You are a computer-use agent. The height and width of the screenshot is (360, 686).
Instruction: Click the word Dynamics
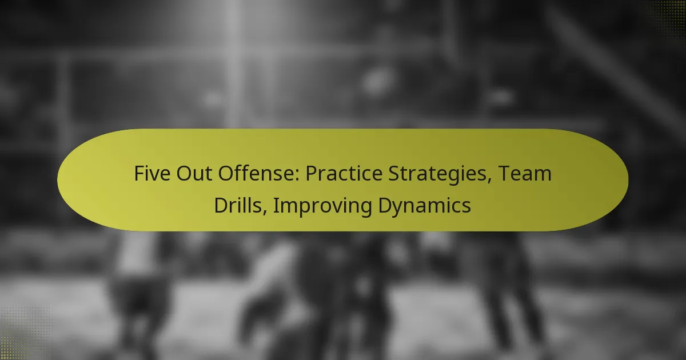[x=425, y=205]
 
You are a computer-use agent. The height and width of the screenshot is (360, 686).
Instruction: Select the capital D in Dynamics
[x=384, y=205]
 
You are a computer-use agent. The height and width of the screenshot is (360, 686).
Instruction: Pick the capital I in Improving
[x=275, y=205]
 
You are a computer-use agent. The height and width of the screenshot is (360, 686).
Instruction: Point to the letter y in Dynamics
[x=398, y=207]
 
